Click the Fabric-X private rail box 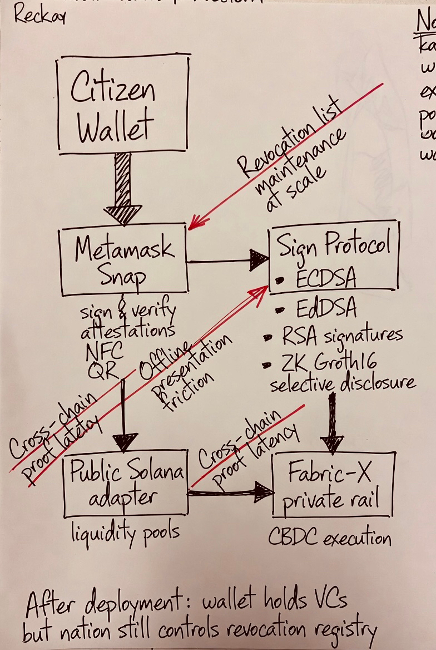coord(333,485)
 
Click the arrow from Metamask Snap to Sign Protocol coord(228,260)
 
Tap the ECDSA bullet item coord(323,278)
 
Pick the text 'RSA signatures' coord(340,335)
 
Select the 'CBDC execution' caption coord(330,538)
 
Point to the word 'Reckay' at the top coord(39,16)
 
